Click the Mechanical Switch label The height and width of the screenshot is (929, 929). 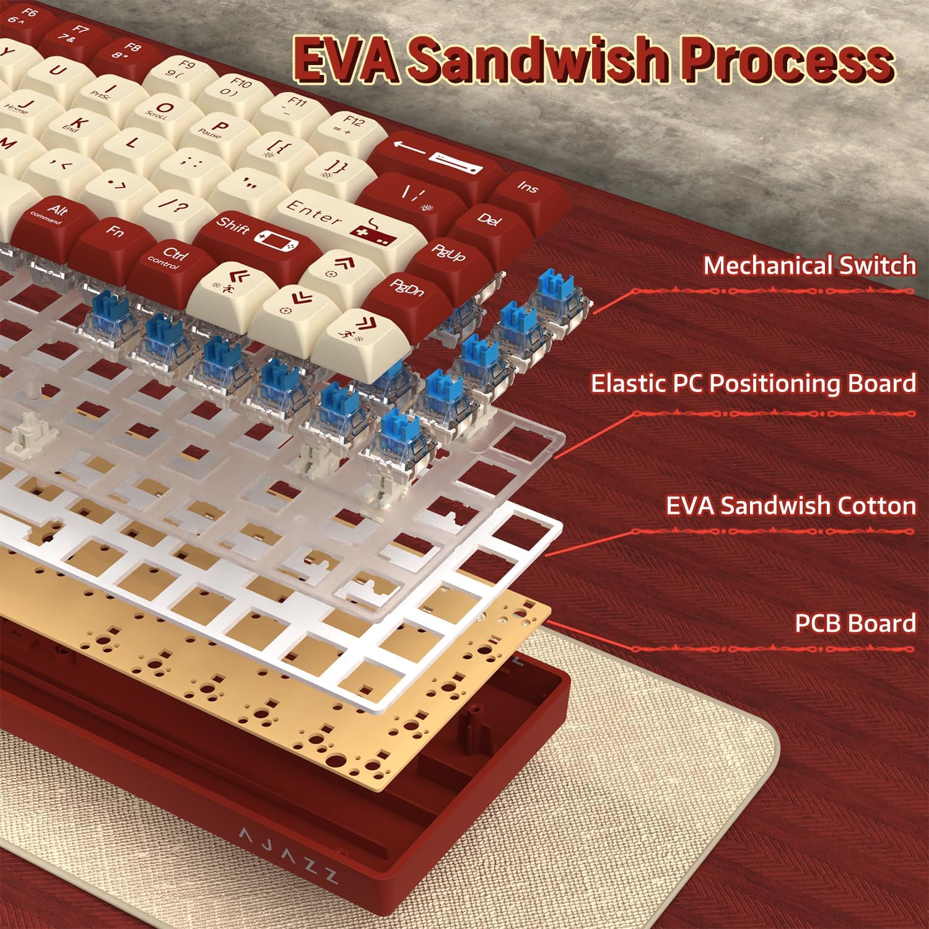coord(809,265)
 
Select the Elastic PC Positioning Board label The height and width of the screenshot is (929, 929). coord(753,383)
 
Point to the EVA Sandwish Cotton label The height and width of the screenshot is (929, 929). coord(790,505)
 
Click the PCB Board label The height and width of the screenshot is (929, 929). coord(855,623)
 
